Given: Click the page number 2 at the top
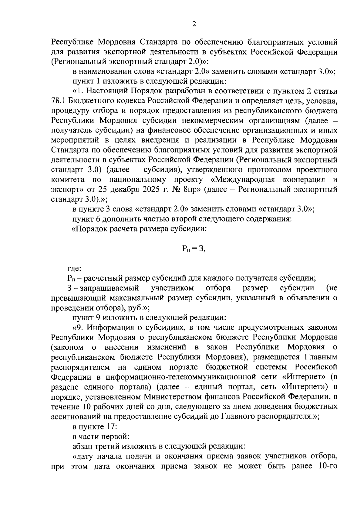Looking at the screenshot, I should [194, 24].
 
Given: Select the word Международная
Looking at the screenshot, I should [244, 180].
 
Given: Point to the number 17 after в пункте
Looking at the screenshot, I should [107, 426].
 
